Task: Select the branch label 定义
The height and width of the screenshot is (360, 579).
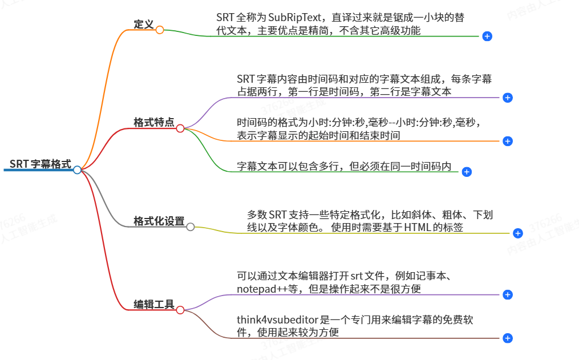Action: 143,25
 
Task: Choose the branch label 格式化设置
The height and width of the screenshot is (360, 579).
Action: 159,221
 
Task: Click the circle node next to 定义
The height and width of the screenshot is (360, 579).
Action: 160,30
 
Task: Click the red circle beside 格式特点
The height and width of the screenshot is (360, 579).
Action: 180,128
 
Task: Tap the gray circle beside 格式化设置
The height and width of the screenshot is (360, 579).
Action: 191,226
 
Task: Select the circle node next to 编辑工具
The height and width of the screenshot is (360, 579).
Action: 180,310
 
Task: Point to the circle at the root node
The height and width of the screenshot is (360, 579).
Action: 77,169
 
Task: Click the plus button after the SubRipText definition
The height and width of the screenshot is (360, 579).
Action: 487,36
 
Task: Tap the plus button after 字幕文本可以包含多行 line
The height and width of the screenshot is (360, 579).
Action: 467,171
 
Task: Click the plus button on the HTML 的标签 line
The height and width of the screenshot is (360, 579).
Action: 518,233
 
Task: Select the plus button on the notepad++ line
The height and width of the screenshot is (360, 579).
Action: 508,294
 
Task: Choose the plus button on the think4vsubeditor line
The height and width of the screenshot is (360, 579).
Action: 508,338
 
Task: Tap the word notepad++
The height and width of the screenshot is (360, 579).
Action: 261,289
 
